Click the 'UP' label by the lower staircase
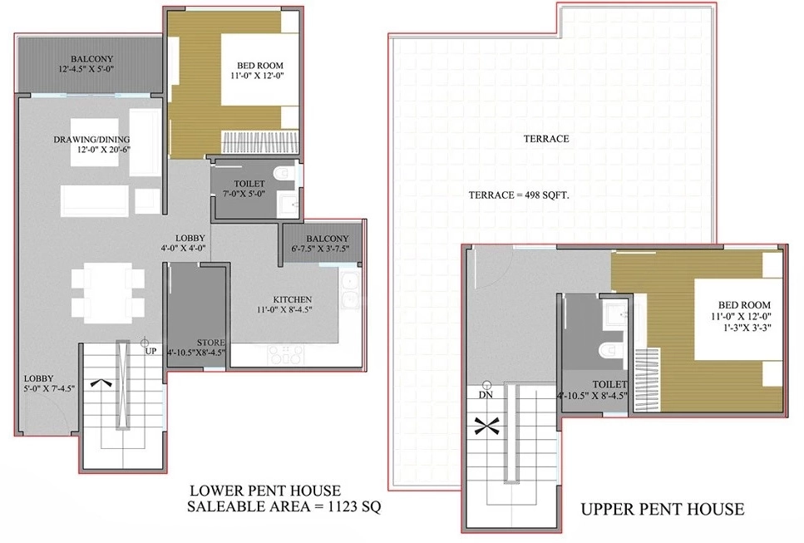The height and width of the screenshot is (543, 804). [x=150, y=351]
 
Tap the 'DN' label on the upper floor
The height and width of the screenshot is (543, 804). [x=486, y=395]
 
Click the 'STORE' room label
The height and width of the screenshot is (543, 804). [x=210, y=343]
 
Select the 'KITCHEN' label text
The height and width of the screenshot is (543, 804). [x=293, y=299]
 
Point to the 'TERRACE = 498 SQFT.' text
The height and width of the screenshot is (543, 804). [x=519, y=195]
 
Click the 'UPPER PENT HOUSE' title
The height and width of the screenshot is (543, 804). [x=663, y=509]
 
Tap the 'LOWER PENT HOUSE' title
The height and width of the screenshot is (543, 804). [x=265, y=491]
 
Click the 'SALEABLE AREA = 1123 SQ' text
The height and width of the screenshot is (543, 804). [x=284, y=506]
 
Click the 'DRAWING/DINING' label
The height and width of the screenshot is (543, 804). [x=91, y=140]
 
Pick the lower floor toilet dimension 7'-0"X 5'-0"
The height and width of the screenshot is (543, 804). [x=244, y=194]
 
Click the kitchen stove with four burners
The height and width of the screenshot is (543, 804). [x=286, y=355]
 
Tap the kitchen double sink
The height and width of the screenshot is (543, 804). [x=349, y=291]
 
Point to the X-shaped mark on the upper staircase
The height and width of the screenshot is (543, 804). [x=486, y=427]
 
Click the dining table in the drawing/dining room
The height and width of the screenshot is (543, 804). [x=108, y=292]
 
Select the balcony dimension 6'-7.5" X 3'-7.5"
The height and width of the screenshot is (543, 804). [x=320, y=249]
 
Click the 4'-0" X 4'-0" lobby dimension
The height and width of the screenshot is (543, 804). [x=183, y=248]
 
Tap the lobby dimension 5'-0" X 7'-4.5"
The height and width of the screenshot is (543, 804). [x=49, y=388]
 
